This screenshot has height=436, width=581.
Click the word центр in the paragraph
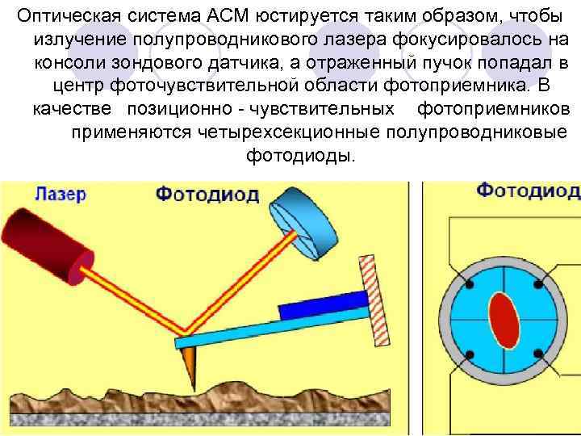(x=75, y=86)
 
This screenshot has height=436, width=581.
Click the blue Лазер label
(x=61, y=194)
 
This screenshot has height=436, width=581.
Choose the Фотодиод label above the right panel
(x=528, y=191)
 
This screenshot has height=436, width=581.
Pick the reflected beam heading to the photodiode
(x=235, y=283)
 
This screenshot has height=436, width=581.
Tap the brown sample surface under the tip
(x=242, y=400)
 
